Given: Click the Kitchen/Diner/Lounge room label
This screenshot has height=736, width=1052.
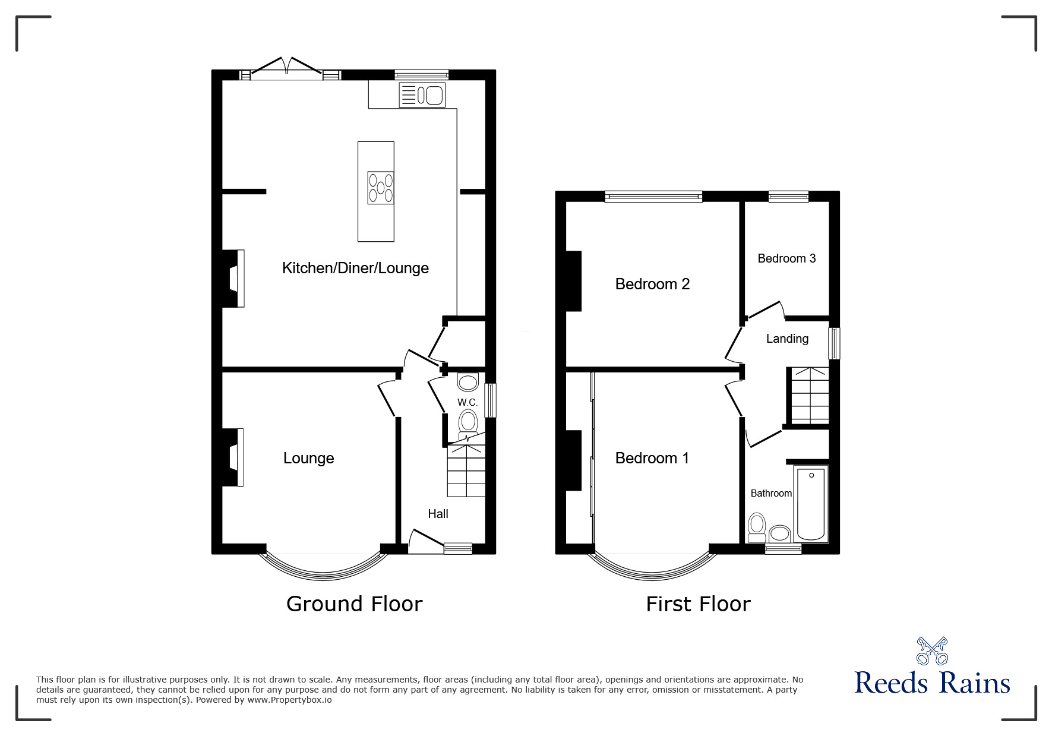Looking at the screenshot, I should tap(355, 268).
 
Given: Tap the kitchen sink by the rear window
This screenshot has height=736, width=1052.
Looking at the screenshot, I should tap(422, 95).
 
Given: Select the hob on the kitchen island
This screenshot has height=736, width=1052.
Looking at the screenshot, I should tap(381, 188).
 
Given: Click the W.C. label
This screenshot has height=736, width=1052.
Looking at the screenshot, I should tap(467, 402).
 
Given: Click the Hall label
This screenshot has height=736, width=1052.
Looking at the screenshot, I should tap(438, 514).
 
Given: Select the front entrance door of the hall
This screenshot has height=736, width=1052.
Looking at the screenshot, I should tap(425, 543).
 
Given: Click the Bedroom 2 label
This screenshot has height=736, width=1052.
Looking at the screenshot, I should tap(652, 284).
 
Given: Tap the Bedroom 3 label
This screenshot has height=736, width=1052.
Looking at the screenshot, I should tap(786, 258).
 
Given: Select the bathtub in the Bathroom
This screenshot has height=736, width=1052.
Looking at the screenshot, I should tap(811, 503).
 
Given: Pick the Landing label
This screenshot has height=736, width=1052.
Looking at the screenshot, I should tap(787, 339).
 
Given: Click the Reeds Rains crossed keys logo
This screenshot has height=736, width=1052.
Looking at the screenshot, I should tap(932, 650).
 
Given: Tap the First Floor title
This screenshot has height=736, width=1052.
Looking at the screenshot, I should tap(698, 604).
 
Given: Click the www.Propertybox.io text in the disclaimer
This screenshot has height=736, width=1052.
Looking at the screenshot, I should tap(289, 700).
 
